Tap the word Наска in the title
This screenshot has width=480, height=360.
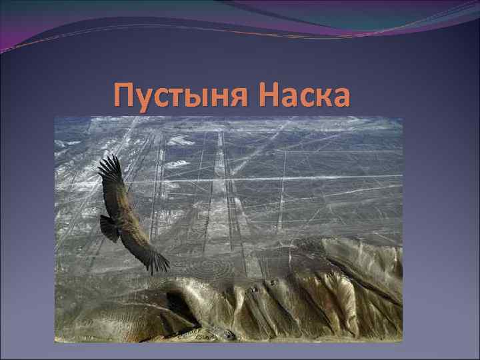click(x=305, y=95)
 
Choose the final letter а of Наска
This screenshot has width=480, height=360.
click(x=339, y=98)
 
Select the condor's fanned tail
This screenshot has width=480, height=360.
click(x=107, y=228)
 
